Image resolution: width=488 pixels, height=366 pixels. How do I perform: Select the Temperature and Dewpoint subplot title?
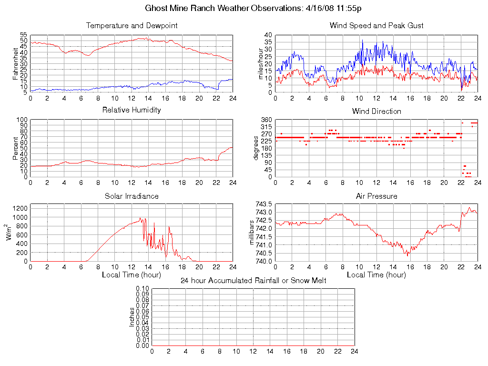coord(132,26)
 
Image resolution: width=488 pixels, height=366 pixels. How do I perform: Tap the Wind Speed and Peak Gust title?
coord(376,26)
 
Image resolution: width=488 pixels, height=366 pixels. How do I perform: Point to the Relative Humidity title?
coord(132,110)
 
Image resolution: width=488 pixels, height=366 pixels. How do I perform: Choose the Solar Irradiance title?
coord(132,196)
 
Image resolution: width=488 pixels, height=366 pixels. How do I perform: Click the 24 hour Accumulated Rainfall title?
coord(254,280)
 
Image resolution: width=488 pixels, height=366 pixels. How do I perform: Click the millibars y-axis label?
coord(253,232)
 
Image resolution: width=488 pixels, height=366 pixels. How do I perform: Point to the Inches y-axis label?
coord(132,317)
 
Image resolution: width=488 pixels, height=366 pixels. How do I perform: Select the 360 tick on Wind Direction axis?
coord(266,120)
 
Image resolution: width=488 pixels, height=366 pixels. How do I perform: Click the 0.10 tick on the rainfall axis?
coord(142,288)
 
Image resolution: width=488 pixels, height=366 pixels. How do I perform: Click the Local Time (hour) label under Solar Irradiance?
coord(132,275)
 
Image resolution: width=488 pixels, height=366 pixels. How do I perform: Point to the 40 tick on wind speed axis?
coord(268,35)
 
